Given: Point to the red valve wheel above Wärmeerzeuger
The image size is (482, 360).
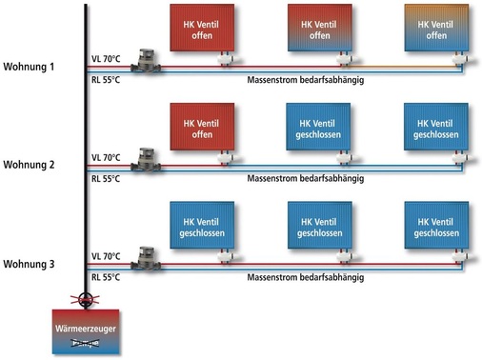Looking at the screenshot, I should [x=87, y=299].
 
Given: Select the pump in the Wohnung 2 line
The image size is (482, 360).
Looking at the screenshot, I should [x=147, y=156].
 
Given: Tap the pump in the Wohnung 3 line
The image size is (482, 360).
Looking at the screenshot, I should [x=147, y=255].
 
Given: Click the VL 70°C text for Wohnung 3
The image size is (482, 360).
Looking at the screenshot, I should [x=107, y=256].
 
